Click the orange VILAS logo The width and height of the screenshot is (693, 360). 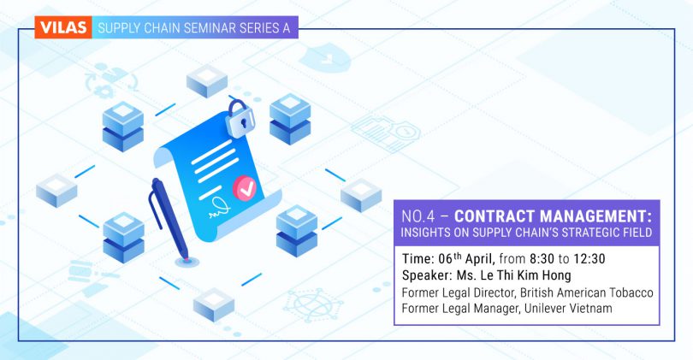point(63,27)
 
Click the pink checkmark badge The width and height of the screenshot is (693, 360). point(245,188)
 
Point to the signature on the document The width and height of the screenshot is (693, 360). point(220,208)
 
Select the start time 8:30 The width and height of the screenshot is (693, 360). point(542,258)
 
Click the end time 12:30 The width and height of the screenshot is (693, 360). point(589,258)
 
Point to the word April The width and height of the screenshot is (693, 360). point(481,259)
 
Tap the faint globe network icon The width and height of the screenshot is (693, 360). point(313,304)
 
